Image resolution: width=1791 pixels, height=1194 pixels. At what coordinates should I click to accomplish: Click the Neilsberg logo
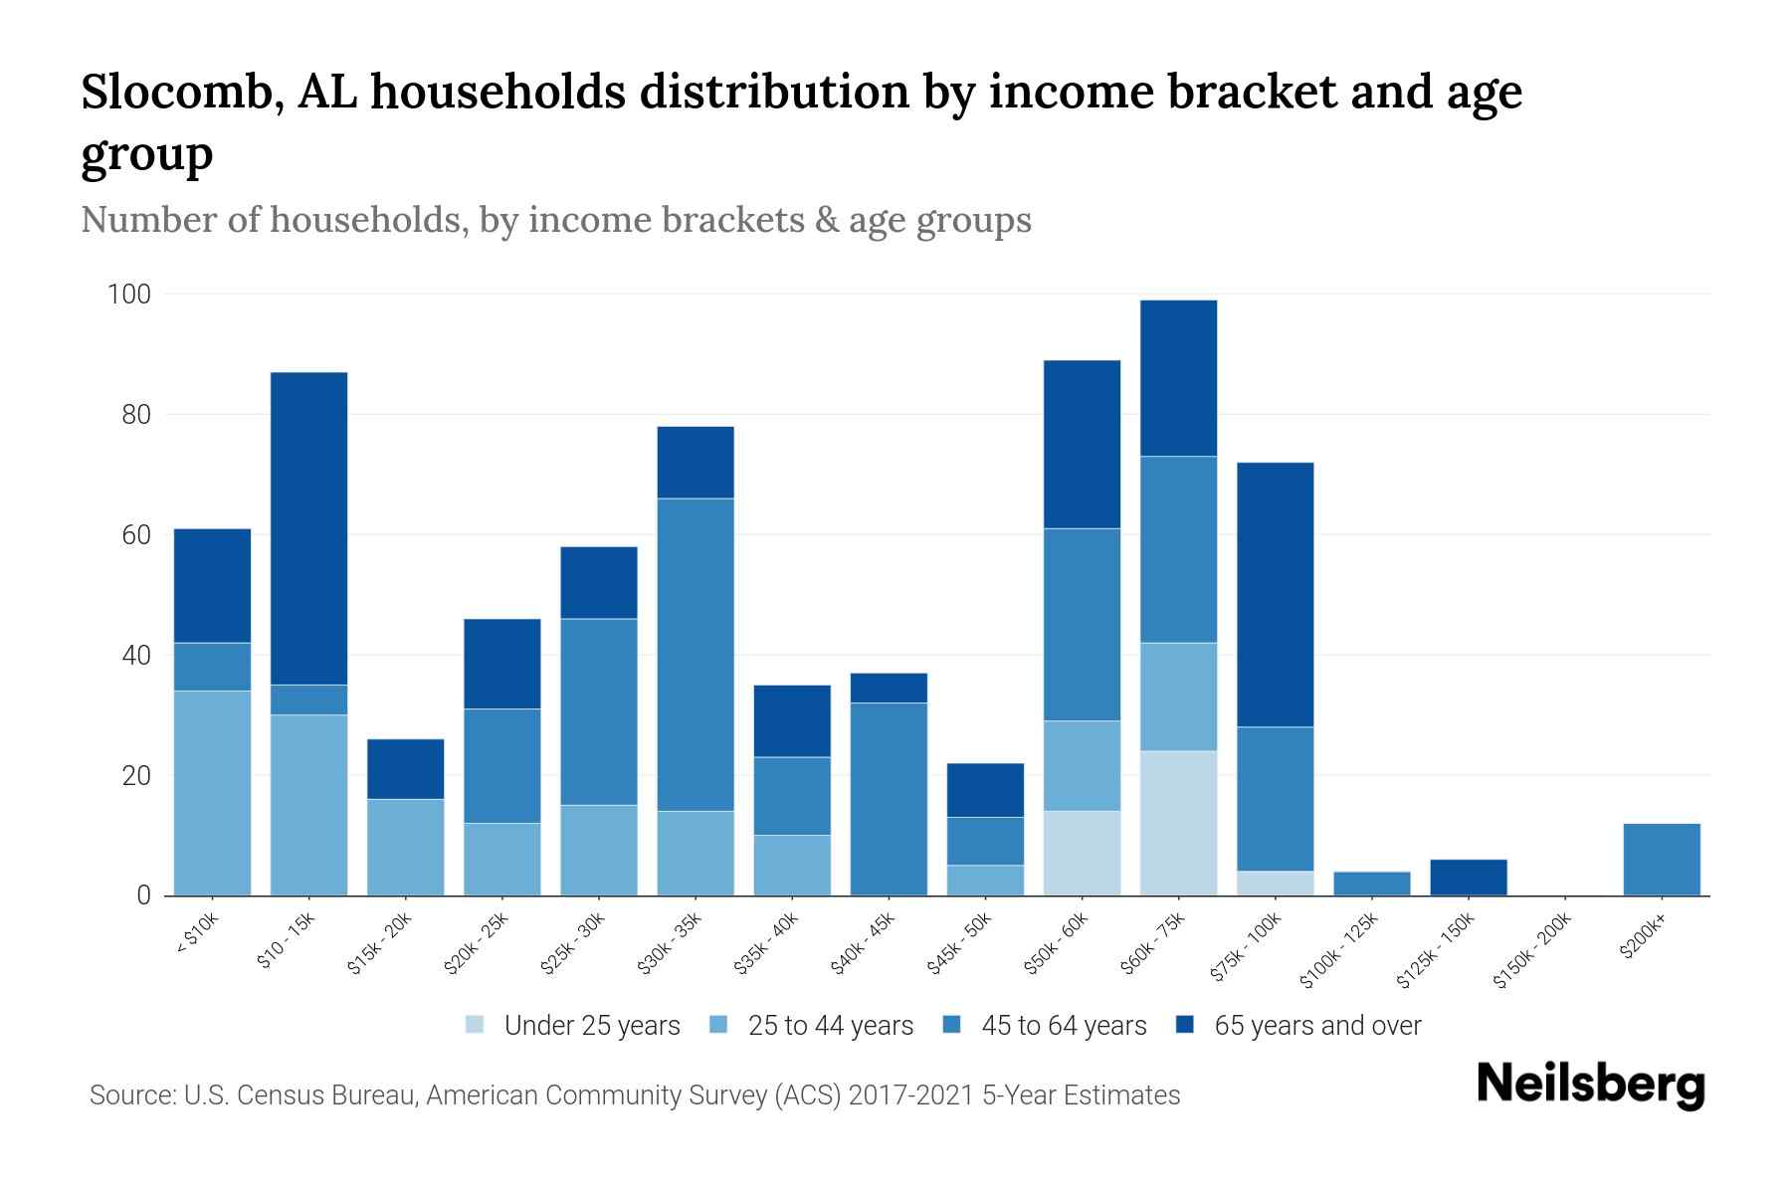click(x=1591, y=1085)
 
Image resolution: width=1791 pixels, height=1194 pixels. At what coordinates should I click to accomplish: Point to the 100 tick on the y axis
click(x=129, y=295)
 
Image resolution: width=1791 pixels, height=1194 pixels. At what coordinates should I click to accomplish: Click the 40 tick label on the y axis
click(x=135, y=656)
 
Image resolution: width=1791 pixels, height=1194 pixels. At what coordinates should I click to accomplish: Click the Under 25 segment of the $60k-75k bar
click(x=1178, y=823)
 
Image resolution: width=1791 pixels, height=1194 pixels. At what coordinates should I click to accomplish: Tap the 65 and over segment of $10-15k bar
click(x=308, y=528)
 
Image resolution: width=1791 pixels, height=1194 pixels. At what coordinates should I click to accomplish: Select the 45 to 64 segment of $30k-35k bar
click(x=696, y=655)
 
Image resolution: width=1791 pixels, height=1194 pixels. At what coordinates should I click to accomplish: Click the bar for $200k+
click(x=1661, y=860)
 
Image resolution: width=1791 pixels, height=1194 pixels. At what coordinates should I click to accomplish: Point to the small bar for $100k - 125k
click(x=1371, y=884)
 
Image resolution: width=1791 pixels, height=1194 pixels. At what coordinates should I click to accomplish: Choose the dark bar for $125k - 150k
click(x=1468, y=878)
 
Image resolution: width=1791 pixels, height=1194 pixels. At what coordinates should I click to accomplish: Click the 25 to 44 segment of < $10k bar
click(x=212, y=793)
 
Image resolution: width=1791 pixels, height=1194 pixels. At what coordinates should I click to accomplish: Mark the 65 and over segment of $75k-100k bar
click(x=1275, y=595)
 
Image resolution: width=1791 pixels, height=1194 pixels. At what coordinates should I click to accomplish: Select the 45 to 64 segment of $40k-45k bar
click(x=889, y=799)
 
